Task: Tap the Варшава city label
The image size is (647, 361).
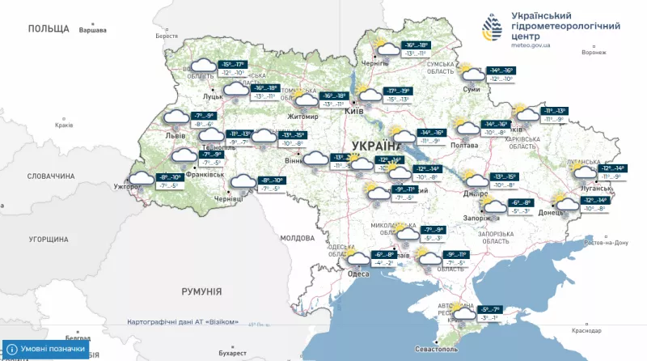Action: click(92, 30)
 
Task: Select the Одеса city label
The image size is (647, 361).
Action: click(358, 274)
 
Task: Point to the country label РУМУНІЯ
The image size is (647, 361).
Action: click(201, 291)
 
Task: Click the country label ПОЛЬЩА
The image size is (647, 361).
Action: click(49, 28)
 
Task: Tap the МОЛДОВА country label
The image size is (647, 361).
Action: click(296, 239)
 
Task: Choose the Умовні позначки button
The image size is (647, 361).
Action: click(46, 349)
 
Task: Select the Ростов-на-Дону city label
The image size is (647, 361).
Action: click(599, 242)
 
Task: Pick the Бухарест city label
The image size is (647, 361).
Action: click(232, 353)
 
